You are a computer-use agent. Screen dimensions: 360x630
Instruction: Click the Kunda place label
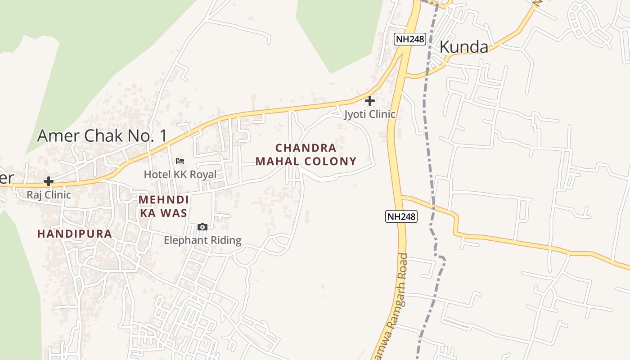(x=463, y=47)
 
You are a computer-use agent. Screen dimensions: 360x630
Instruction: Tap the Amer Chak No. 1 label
(x=102, y=135)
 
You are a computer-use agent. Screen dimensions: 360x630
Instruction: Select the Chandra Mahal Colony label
(x=306, y=154)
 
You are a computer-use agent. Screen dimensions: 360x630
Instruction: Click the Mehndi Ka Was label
(x=163, y=206)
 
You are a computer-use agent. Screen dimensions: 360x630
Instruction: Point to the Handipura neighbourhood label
(x=74, y=234)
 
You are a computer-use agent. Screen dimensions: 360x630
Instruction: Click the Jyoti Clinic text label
(x=370, y=114)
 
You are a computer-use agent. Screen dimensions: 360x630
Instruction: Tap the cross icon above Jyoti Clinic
(x=370, y=101)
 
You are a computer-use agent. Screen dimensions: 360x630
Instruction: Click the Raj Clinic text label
(x=49, y=195)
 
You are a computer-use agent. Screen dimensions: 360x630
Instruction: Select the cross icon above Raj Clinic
(x=48, y=181)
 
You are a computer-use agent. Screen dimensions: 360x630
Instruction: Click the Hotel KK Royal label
(x=180, y=174)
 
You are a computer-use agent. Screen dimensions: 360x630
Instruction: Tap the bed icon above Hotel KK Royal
(x=180, y=161)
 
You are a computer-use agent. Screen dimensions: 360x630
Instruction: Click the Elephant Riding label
(x=202, y=240)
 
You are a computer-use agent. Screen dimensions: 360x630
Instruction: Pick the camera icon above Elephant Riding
(x=202, y=227)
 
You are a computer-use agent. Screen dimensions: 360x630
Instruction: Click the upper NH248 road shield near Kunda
(x=410, y=39)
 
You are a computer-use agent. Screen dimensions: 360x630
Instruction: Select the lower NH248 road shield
(x=402, y=216)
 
